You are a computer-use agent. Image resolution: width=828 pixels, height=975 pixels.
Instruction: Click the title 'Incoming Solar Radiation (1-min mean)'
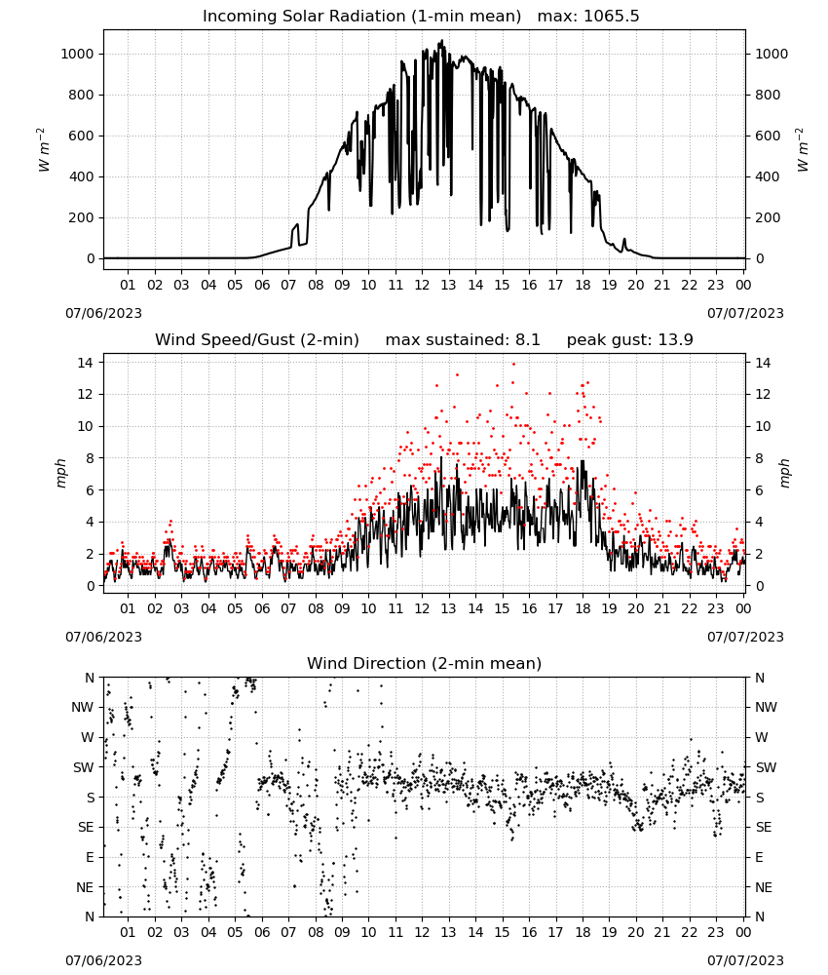[x=361, y=17]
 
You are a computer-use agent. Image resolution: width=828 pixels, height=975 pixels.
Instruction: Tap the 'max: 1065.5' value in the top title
[x=588, y=17]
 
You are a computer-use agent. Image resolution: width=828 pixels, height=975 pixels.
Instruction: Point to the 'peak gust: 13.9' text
[x=630, y=340]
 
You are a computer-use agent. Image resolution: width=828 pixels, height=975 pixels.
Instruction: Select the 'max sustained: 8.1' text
[x=463, y=340]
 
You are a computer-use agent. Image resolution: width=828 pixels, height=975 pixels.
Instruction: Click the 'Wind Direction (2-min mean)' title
[x=425, y=663]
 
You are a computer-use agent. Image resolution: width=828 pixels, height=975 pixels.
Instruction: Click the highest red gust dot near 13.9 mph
[x=513, y=364]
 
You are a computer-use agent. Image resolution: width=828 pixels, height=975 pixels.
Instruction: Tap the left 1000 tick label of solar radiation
[x=77, y=54]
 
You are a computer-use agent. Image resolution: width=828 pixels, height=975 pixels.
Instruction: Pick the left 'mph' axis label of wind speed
[x=60, y=473]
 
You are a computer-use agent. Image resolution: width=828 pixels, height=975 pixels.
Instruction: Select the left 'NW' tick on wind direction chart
[x=83, y=708]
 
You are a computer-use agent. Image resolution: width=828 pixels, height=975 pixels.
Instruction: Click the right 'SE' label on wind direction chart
[x=764, y=827]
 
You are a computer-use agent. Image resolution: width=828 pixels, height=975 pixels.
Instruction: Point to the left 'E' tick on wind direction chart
[x=90, y=857]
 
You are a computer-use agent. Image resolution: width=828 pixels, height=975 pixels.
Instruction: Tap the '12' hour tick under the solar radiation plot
[x=422, y=285]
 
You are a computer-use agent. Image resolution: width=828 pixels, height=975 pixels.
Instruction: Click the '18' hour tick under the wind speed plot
[x=583, y=608]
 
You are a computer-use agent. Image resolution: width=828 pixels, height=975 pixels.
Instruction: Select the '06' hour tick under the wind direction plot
[x=262, y=932]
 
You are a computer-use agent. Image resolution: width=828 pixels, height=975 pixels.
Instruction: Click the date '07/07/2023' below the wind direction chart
[x=745, y=960]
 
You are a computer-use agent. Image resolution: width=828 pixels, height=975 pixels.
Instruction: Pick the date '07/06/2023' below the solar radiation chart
[x=103, y=313]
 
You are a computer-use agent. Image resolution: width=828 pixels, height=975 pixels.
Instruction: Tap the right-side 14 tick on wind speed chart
[x=763, y=363]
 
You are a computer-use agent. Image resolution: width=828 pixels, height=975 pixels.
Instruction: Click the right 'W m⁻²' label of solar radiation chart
[x=802, y=150]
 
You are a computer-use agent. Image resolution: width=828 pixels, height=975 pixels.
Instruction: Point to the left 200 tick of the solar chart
[x=82, y=217]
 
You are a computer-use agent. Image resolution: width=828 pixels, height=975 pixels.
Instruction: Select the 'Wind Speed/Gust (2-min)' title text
[x=257, y=340]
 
